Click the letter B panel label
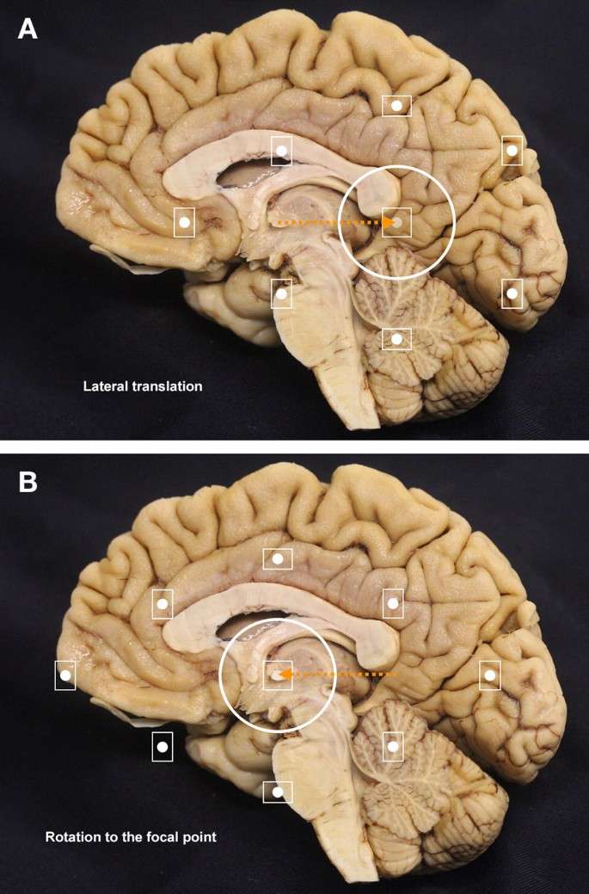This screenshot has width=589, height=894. coord(28,481)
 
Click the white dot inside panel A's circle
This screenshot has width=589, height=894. coord(397,222)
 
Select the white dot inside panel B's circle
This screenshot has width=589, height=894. coord(277,675)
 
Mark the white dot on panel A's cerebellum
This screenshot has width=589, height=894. coord(397,339)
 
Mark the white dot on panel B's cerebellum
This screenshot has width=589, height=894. coord(393,746)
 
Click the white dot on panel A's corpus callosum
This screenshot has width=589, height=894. coord(281,151)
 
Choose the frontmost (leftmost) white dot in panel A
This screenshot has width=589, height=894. coord(184,222)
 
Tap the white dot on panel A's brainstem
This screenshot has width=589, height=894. coord(281,293)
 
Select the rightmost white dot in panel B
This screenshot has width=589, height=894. coord(489,675)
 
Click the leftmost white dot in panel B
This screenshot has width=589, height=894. coord(64,675)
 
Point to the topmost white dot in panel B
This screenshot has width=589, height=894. coord(278,559)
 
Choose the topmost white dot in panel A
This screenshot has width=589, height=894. coord(397,105)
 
